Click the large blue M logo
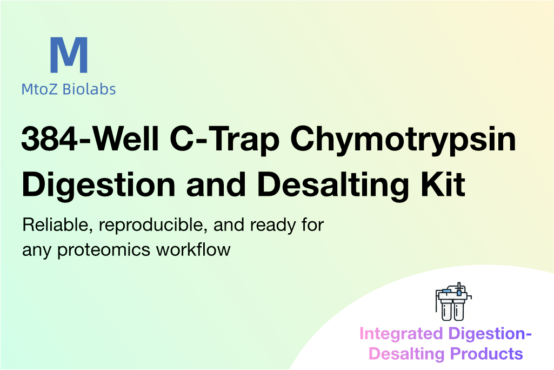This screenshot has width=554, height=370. [x=69, y=55]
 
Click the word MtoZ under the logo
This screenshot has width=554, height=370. [x=39, y=89]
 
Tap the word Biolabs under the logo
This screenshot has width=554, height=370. [x=89, y=89]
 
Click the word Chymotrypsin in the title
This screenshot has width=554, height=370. [x=403, y=141]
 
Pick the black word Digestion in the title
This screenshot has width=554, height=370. [x=98, y=186]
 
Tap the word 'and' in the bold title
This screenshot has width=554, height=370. [x=216, y=184]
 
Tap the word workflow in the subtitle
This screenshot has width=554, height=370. [x=193, y=249]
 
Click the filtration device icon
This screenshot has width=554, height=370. [x=453, y=301]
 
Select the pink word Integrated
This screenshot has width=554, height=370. [x=401, y=334]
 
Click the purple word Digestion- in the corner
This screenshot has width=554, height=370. [x=490, y=334]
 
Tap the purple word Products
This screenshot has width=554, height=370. [x=486, y=353]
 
